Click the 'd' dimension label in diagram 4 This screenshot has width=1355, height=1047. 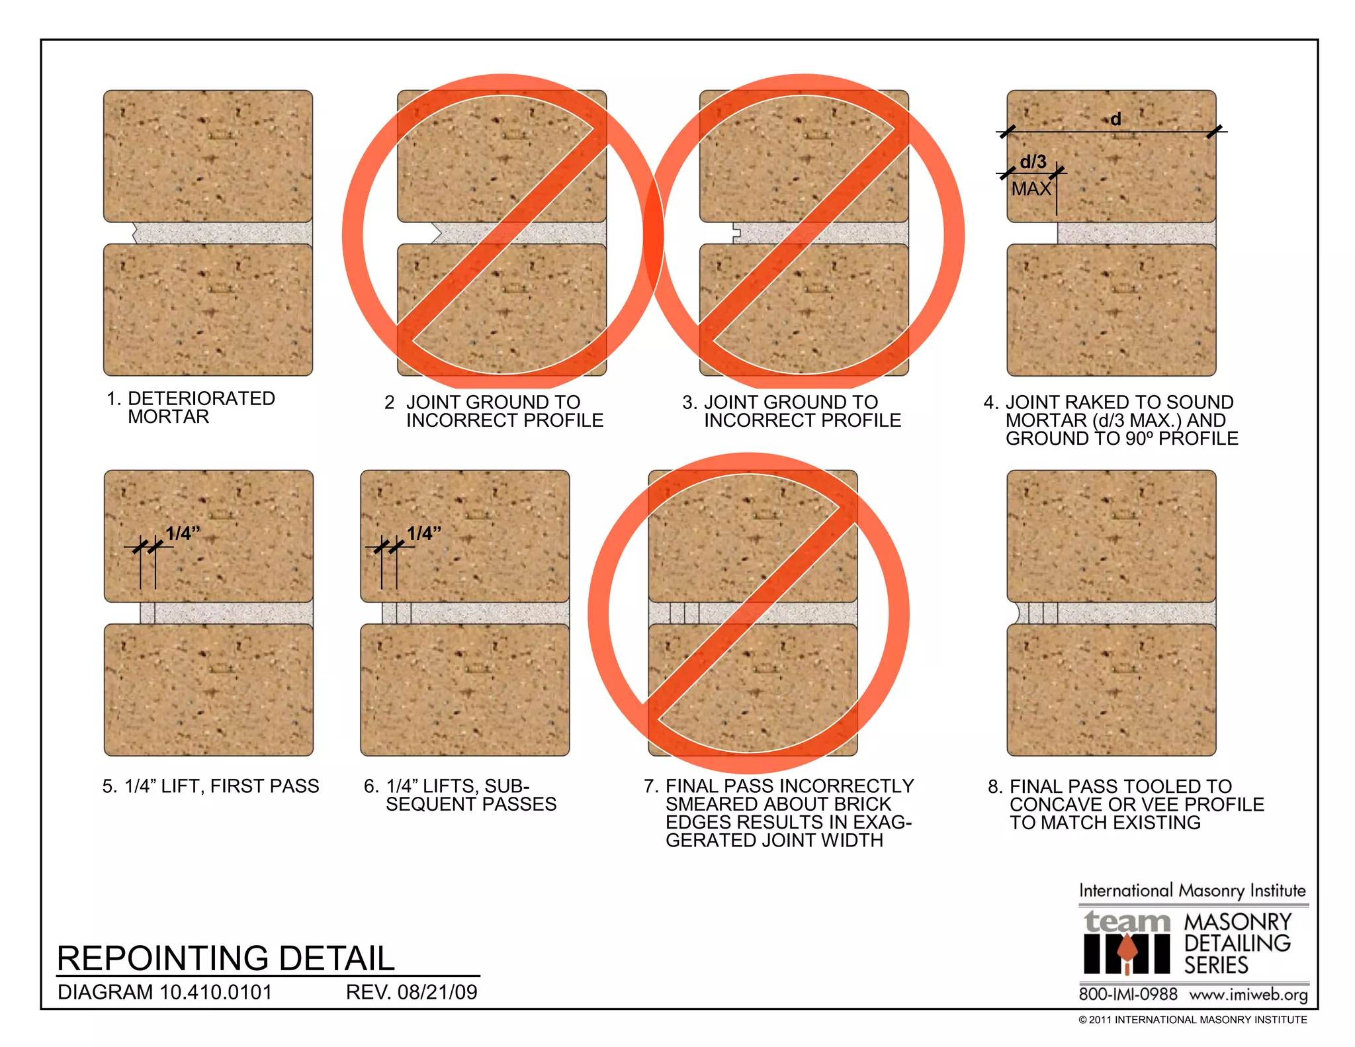pyautogui.click(x=1116, y=119)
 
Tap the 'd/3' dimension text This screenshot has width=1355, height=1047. pyautogui.click(x=1033, y=161)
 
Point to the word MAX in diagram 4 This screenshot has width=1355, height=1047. pyautogui.click(x=1031, y=189)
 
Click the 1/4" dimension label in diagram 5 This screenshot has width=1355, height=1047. pyautogui.click(x=183, y=533)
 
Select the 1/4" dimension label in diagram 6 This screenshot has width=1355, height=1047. pyautogui.click(x=424, y=533)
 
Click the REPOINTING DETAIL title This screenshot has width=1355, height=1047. pyautogui.click(x=226, y=958)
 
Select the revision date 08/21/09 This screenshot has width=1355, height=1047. pyautogui.click(x=437, y=992)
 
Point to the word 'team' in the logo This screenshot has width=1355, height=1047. pyautogui.click(x=1127, y=921)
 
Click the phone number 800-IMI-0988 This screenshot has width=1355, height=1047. pyautogui.click(x=1128, y=995)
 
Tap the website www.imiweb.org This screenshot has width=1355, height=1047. pyautogui.click(x=1248, y=995)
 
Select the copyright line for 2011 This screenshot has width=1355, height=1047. pyautogui.click(x=1192, y=1020)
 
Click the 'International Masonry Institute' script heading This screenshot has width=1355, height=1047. pyautogui.click(x=1192, y=891)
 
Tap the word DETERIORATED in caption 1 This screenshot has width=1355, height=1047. pyautogui.click(x=201, y=398)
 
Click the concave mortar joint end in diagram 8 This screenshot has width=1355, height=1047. pyautogui.click(x=1016, y=613)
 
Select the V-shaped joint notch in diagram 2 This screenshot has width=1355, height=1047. pyautogui.click(x=436, y=233)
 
